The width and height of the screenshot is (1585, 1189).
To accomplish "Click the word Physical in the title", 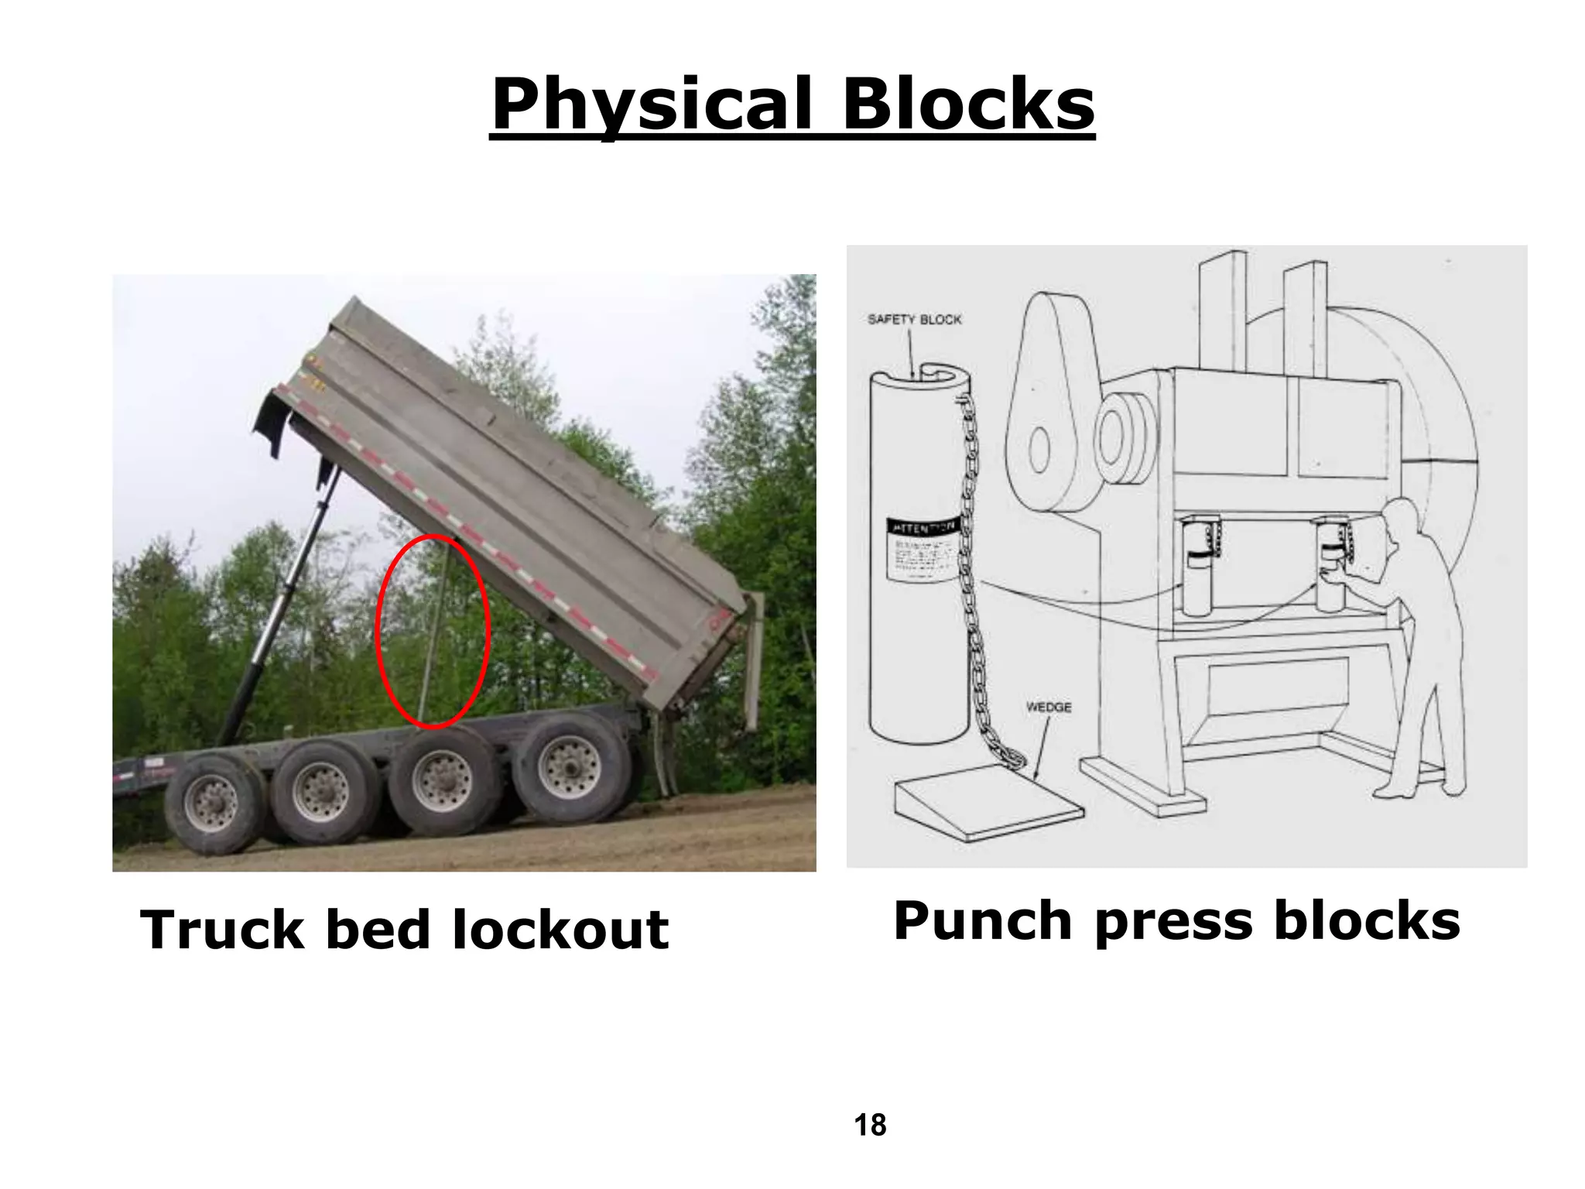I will (x=652, y=105).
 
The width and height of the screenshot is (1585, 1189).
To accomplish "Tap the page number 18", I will (x=870, y=1125).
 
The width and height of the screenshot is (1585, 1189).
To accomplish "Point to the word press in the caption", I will (x=1173, y=921).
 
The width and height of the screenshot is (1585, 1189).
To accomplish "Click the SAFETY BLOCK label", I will (x=914, y=320).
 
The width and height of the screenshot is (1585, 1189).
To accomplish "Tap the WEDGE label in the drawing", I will (x=1049, y=708).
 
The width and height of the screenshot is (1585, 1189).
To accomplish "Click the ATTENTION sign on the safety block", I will (x=923, y=527).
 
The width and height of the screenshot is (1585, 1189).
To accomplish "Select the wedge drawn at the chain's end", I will (x=989, y=809).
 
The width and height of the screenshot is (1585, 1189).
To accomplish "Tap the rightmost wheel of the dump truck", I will (x=570, y=768).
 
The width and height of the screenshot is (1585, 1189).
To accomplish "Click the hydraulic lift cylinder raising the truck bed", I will (x=279, y=612).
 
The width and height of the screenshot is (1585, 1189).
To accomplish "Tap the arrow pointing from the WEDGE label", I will (x=1042, y=747).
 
